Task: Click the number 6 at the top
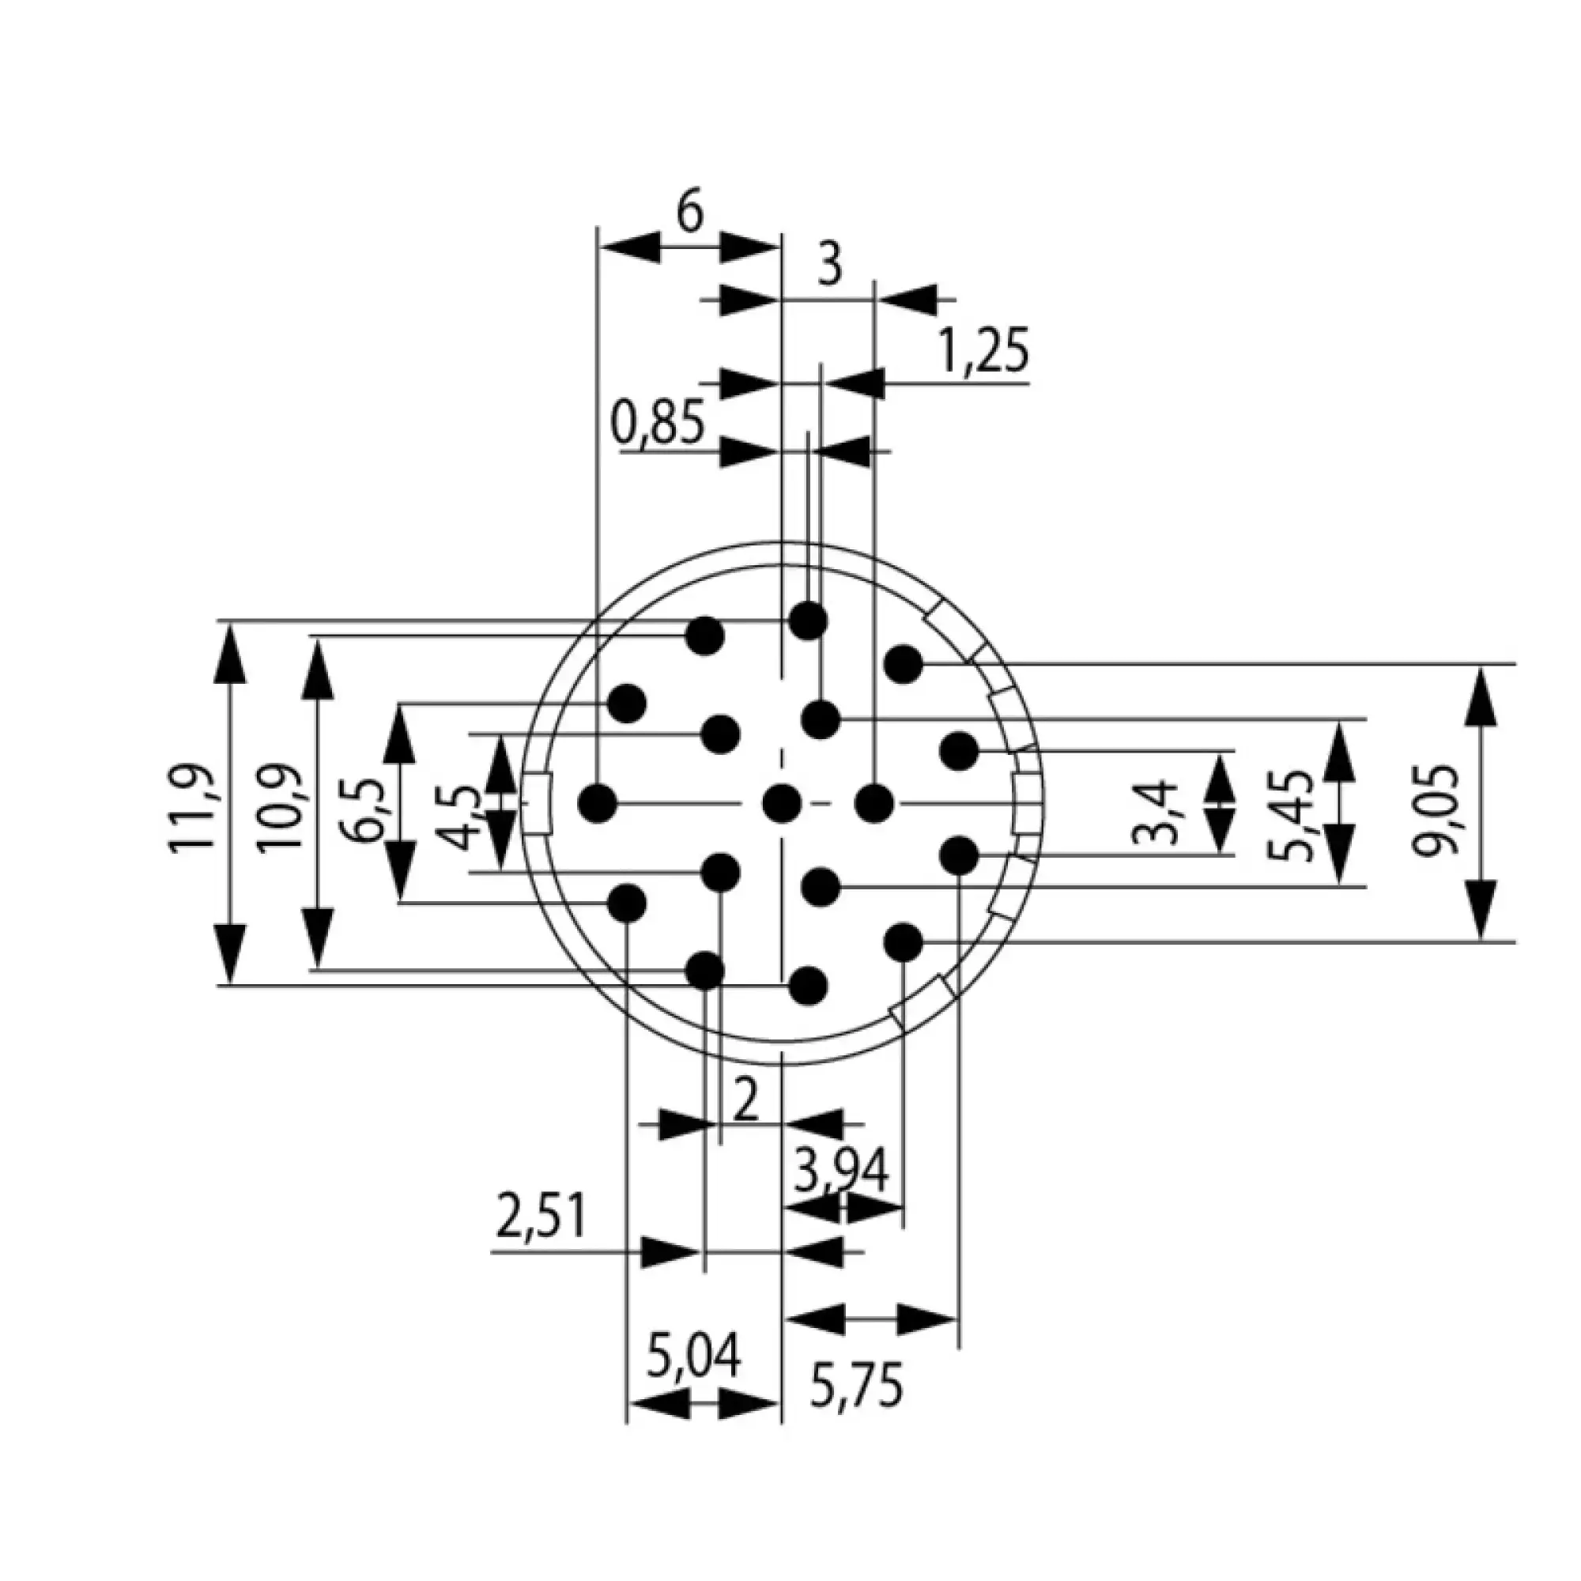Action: click(690, 214)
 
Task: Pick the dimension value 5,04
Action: click(694, 1355)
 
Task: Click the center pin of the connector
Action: click(782, 803)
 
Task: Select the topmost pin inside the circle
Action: click(809, 621)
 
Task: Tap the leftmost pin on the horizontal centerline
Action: click(598, 803)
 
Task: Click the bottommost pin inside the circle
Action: click(809, 984)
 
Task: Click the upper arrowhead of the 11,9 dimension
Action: click(232, 651)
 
